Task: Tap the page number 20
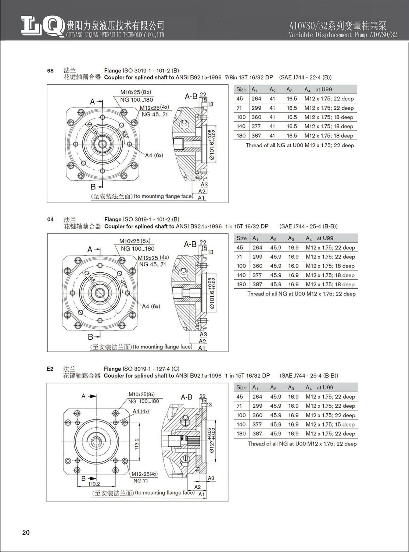26,532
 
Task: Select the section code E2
50,369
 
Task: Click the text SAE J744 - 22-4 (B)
305,77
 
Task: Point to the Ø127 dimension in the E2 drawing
212,440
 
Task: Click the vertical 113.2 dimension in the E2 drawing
137,443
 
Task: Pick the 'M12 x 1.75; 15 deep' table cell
330,424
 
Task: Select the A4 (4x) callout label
140,411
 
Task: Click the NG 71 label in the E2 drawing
140,481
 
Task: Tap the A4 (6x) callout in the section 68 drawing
154,155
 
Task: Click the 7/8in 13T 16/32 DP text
249,77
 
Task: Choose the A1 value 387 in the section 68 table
256,135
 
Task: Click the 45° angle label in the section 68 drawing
125,135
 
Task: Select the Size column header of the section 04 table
241,238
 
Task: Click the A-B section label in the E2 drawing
187,397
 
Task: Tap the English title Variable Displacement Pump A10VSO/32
342,35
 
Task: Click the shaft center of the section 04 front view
100,293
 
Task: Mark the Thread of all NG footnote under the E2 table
302,444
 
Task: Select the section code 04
50,219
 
